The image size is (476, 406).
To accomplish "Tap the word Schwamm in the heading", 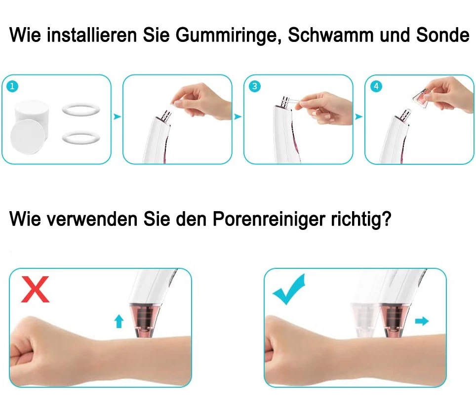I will (x=330, y=36).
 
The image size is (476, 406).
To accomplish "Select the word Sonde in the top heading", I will (x=442, y=36).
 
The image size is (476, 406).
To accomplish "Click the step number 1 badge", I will (x=13, y=86).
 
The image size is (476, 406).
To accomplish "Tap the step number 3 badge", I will (x=255, y=86).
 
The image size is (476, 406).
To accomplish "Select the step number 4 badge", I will (x=376, y=86).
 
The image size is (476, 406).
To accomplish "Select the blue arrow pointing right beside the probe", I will (x=421, y=321).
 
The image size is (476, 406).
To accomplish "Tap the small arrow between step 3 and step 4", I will (x=358, y=117).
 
